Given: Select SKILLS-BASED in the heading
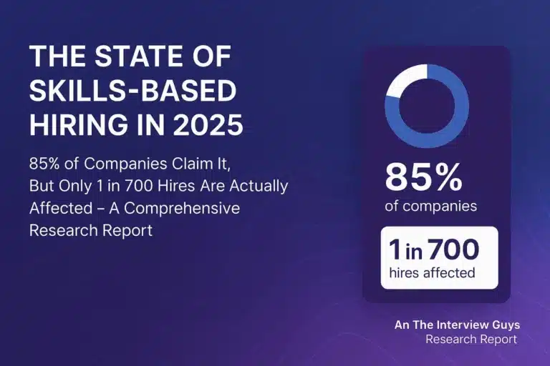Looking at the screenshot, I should click(x=132, y=91).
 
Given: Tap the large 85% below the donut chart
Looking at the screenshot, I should click(x=424, y=177).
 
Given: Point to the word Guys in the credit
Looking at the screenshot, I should click(x=505, y=325).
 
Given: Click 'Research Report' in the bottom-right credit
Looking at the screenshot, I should click(x=471, y=340).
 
